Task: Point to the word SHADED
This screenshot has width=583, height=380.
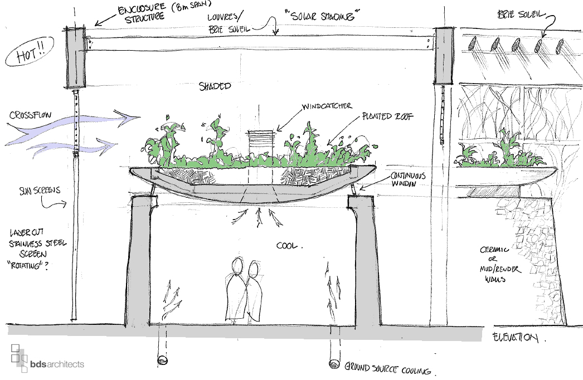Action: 215,87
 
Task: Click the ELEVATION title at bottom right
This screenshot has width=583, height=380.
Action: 516,338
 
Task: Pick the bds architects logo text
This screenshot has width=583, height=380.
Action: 57,364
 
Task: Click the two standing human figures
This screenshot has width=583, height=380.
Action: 245,291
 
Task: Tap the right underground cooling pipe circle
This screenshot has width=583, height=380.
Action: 335,363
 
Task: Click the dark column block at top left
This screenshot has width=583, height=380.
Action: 75,58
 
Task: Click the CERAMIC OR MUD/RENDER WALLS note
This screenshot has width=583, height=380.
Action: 500,265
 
